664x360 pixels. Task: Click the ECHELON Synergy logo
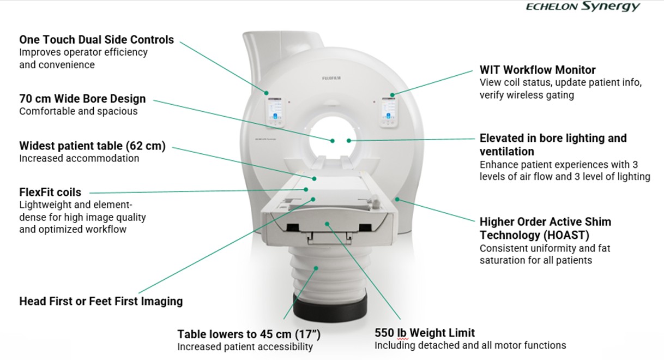pos(583,7)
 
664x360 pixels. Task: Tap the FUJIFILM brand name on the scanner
pos(331,79)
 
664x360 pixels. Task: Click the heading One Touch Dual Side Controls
pos(96,40)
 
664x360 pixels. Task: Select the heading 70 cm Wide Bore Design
pos(82,99)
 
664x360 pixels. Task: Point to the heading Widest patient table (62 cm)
pos(93,146)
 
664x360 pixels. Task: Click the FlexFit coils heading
pos(50,192)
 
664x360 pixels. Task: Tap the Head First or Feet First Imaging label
pos(101,301)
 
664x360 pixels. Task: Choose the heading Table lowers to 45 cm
pos(249,334)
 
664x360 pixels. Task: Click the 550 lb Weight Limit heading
pos(425,333)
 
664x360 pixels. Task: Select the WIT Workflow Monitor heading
pos(538,70)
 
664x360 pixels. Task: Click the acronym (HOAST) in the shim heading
pos(566,235)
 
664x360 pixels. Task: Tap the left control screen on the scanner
pos(275,112)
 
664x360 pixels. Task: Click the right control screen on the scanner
pos(388,112)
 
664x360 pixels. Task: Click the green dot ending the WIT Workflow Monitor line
pos(392,95)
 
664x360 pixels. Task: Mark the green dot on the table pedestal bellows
pos(316,268)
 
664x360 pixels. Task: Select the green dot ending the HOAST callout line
pos(397,199)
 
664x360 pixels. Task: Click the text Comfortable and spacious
pos(79,111)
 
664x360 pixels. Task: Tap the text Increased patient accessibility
pos(245,347)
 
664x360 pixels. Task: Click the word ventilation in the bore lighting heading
pos(507,152)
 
